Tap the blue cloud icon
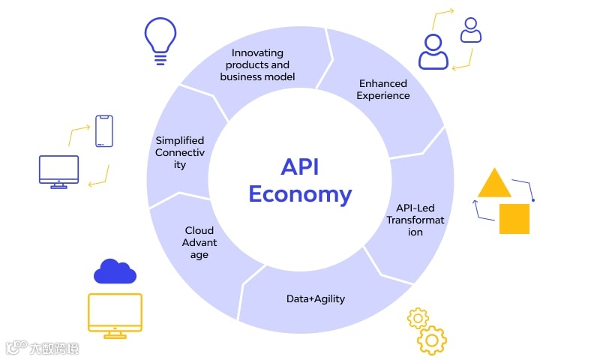[115, 271]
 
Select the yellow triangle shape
[494, 183]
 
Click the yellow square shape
[514, 218]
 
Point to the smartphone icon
[103, 131]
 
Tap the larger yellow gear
[432, 339]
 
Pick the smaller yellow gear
[418, 318]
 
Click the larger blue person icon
[433, 52]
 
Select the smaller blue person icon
[471, 31]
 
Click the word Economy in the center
[300, 194]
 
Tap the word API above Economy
[300, 166]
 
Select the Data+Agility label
[316, 298]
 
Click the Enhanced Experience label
[383, 89]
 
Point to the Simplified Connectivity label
[180, 152]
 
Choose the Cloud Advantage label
[199, 242]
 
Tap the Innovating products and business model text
[258, 64]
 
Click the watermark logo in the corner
[42, 347]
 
